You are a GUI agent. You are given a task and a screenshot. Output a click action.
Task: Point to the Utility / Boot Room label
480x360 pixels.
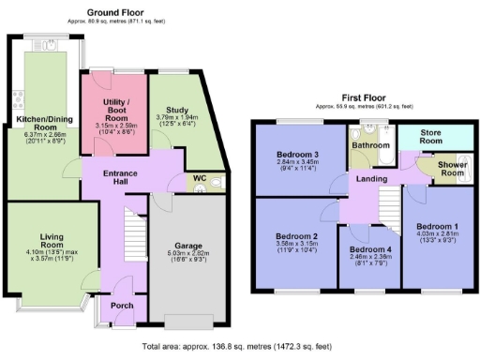115,105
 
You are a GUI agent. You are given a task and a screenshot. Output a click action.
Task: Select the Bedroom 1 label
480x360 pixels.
438,227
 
